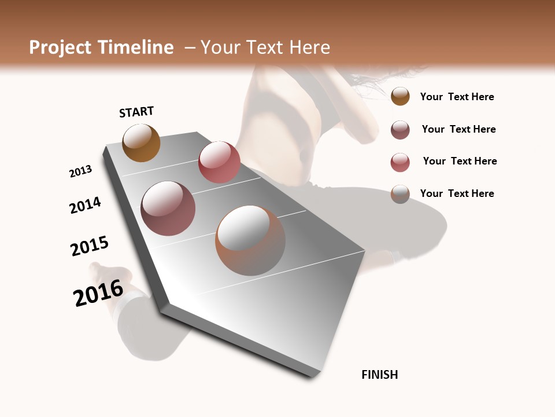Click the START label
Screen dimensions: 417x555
point(136,112)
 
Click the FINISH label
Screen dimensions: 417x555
point(380,375)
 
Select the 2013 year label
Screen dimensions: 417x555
point(80,171)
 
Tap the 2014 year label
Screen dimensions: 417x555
point(85,206)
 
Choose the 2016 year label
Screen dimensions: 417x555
point(98,293)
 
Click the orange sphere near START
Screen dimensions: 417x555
point(141,142)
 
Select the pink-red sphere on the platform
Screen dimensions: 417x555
point(219,162)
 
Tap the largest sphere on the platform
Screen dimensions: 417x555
point(250,240)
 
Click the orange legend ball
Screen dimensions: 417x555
point(400,97)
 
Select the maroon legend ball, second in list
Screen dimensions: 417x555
point(400,130)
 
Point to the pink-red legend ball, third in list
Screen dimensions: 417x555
point(400,162)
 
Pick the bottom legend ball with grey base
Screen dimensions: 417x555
point(400,194)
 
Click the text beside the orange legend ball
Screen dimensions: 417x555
point(457,97)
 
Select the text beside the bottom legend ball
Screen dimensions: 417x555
point(457,193)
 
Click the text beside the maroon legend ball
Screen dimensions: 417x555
point(458,129)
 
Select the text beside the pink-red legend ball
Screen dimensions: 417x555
point(460,161)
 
